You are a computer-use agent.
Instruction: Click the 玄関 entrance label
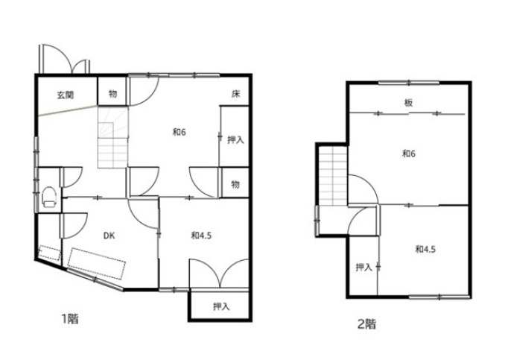coord(66,95)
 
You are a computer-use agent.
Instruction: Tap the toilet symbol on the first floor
coord(49,197)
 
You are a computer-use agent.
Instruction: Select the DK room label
coord(109,236)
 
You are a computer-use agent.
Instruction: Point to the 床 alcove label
coord(236,94)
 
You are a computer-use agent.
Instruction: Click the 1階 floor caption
coord(70,319)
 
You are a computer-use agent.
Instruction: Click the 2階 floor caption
coord(367,323)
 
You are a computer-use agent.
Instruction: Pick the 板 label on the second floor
coord(408,103)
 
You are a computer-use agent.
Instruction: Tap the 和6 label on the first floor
coord(180,132)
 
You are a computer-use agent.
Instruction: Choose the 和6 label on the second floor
coord(409,154)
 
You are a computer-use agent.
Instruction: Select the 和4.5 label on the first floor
coord(201,236)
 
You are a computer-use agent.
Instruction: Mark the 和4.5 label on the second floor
coord(425,249)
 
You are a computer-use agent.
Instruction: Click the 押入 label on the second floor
coord(364,267)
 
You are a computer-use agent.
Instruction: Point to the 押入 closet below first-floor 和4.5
coord(221,306)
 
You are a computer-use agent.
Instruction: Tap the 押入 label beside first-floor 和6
coord(236,140)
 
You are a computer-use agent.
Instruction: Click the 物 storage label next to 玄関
coord(112,94)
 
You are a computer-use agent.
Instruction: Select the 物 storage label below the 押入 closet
coord(235,184)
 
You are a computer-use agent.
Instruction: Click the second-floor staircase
coord(334,176)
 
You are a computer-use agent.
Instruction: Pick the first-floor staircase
coord(112,138)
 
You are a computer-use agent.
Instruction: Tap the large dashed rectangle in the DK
coord(97,263)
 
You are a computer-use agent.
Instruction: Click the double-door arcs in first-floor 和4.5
coord(219,273)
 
